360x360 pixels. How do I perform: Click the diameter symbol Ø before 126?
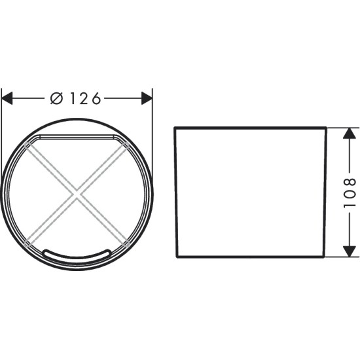pos(56,98)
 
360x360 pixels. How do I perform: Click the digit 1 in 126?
pos(73,98)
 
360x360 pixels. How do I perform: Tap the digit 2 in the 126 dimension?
pos(84,98)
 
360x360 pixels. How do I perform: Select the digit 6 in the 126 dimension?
pos(97,98)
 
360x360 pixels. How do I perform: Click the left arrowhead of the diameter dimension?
pos(7,98)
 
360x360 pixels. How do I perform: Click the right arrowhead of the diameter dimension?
pos(147,98)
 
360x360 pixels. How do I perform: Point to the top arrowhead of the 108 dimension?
pos(350,133)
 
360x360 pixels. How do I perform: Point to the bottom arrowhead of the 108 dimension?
pos(350,251)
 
